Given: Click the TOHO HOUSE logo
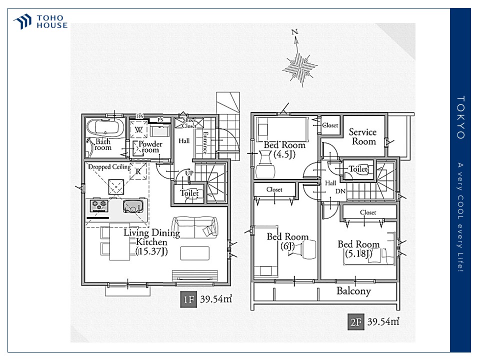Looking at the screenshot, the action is (x=40, y=21).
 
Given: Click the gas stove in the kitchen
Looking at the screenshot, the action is (x=99, y=205).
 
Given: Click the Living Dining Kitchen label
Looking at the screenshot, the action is (x=152, y=242).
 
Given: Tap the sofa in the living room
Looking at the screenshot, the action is (x=195, y=227).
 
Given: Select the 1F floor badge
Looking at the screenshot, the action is (x=188, y=299).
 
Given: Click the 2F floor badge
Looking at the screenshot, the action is (x=355, y=322).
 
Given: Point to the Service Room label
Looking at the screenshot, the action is (x=363, y=136).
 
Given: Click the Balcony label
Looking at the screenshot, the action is (x=353, y=291).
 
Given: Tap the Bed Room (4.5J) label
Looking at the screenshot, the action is (x=284, y=149).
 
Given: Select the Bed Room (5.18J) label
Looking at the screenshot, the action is (x=358, y=248).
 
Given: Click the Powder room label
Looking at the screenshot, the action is (x=150, y=147).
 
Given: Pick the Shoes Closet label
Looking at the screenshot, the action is (x=189, y=123).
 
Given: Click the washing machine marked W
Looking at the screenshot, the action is (x=138, y=130).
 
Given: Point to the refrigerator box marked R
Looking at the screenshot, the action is (x=138, y=171).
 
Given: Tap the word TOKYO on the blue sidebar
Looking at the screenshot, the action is (x=460, y=117).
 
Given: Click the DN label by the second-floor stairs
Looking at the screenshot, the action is (x=340, y=191).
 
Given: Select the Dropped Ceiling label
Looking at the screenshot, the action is (x=109, y=167).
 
